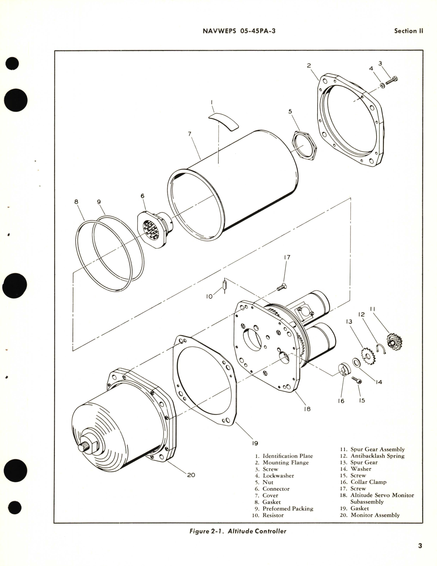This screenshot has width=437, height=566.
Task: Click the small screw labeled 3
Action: tap(391, 81)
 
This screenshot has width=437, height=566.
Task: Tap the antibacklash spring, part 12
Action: tap(381, 348)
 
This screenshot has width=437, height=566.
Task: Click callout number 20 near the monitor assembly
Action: tap(191, 475)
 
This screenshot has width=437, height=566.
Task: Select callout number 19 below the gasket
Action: tap(255, 443)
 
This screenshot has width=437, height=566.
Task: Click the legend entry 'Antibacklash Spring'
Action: tap(377, 456)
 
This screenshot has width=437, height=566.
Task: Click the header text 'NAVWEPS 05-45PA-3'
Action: tap(239, 31)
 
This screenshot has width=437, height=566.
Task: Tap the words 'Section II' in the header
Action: tap(408, 31)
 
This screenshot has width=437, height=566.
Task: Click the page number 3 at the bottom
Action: tap(420, 546)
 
